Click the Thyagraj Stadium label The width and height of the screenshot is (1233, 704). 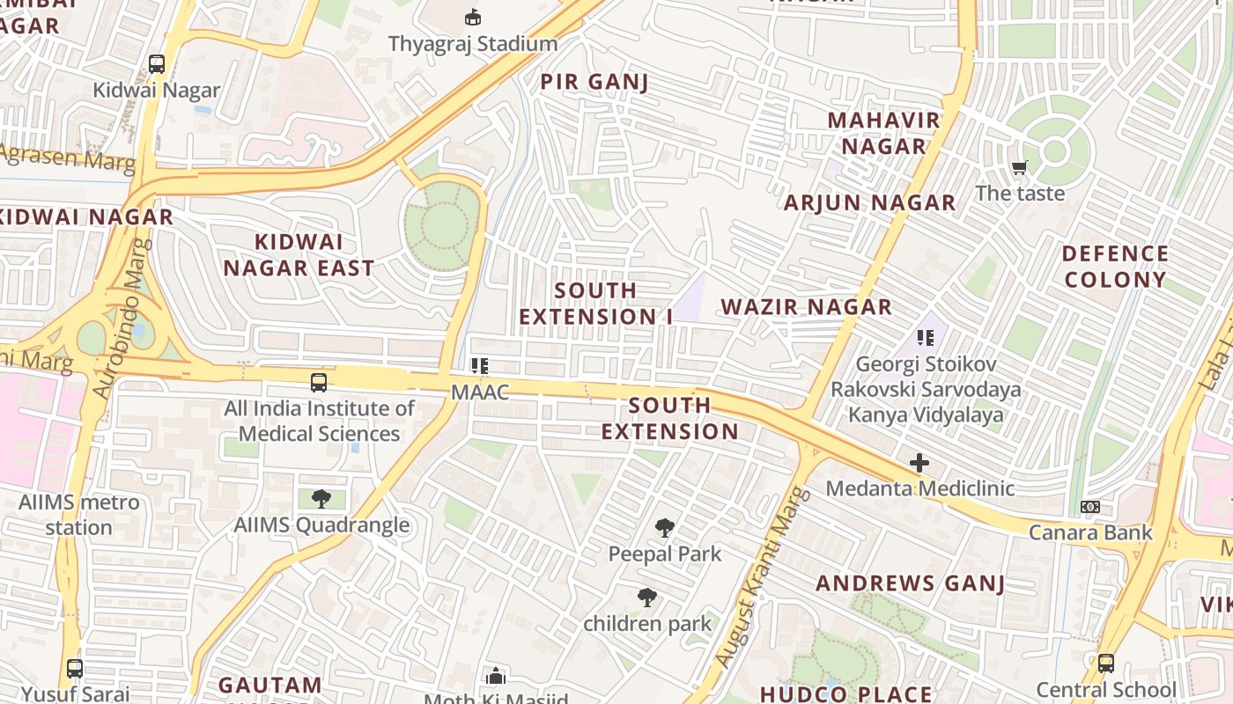(473, 43)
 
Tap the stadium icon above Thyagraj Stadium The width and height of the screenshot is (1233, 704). (473, 17)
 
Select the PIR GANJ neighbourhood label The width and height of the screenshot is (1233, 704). (594, 83)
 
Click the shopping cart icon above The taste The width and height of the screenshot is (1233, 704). (1020, 167)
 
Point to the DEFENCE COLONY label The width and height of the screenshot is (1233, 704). (1115, 267)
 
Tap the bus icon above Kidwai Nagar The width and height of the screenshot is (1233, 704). (157, 63)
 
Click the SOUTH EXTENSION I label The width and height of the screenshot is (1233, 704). (596, 304)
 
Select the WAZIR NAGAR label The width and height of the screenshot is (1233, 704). (807, 307)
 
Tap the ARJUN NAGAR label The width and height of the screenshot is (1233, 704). (870, 203)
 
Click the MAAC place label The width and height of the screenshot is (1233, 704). (480, 392)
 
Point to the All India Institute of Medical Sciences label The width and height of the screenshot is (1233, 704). (319, 421)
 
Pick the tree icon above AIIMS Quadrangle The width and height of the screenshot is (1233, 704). (321, 499)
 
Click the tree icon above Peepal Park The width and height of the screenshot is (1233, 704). (665, 528)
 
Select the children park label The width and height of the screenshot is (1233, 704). (647, 624)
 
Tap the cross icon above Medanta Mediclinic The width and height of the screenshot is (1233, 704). (919, 462)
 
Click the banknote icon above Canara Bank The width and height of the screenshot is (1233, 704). (1090, 507)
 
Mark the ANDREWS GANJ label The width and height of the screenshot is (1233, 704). (911, 583)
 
